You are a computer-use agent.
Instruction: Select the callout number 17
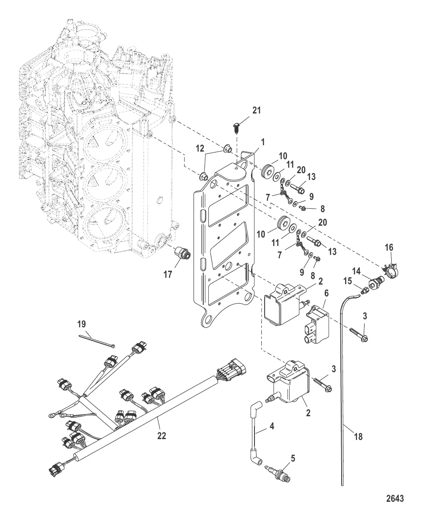coord(168,274)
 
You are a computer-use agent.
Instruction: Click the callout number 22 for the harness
coord(162,435)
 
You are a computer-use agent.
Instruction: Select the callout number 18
coord(358,437)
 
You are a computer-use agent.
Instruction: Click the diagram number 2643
coord(394,498)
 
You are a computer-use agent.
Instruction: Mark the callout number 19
coord(82,324)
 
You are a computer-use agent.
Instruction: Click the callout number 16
coord(389,247)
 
